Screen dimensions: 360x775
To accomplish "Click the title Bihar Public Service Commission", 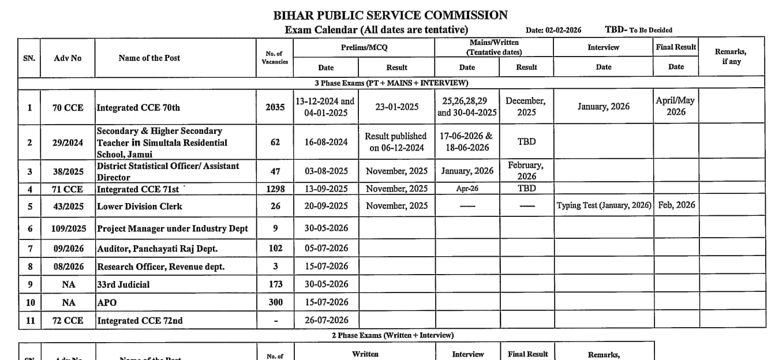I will click(x=391, y=16).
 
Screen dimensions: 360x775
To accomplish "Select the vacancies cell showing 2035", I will click(x=275, y=107).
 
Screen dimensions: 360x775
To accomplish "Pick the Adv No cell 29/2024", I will click(x=68, y=142).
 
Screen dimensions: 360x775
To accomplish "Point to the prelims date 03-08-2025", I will click(x=326, y=171).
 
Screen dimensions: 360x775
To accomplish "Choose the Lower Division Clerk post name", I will click(x=140, y=206).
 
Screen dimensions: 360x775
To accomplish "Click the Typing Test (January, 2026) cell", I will click(x=604, y=205).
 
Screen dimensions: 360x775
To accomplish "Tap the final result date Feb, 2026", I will click(x=676, y=205).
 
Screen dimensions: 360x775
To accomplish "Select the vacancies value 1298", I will click(x=275, y=189).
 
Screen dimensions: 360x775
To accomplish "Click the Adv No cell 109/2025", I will click(x=68, y=228).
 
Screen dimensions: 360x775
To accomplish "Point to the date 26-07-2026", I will click(x=326, y=320).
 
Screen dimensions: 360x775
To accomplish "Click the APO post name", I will click(x=107, y=302).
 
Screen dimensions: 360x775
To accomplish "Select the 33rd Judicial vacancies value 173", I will click(x=275, y=284).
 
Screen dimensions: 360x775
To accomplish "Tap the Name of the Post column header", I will click(x=149, y=58).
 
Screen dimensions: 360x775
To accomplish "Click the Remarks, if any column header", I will click(x=731, y=57).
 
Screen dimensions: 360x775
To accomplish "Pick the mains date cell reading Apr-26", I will click(x=467, y=189).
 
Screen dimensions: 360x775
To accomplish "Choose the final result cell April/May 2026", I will click(x=676, y=106).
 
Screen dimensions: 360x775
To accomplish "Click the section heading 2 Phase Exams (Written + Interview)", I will click(x=392, y=335).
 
